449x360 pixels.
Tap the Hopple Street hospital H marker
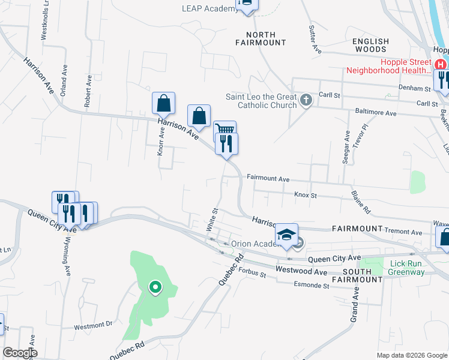tap(441, 65)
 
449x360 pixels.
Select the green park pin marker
tap(155, 287)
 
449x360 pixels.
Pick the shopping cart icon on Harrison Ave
tap(224, 130)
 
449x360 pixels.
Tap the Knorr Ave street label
tap(160, 140)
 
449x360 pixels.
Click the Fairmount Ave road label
tap(268, 179)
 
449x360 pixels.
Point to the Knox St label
tap(305, 195)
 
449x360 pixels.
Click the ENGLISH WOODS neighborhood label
tap(370, 46)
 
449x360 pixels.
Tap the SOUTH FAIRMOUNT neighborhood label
tap(362, 275)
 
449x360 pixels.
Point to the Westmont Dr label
tap(93, 325)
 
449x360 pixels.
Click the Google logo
tap(20, 353)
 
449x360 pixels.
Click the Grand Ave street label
tap(354, 303)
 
